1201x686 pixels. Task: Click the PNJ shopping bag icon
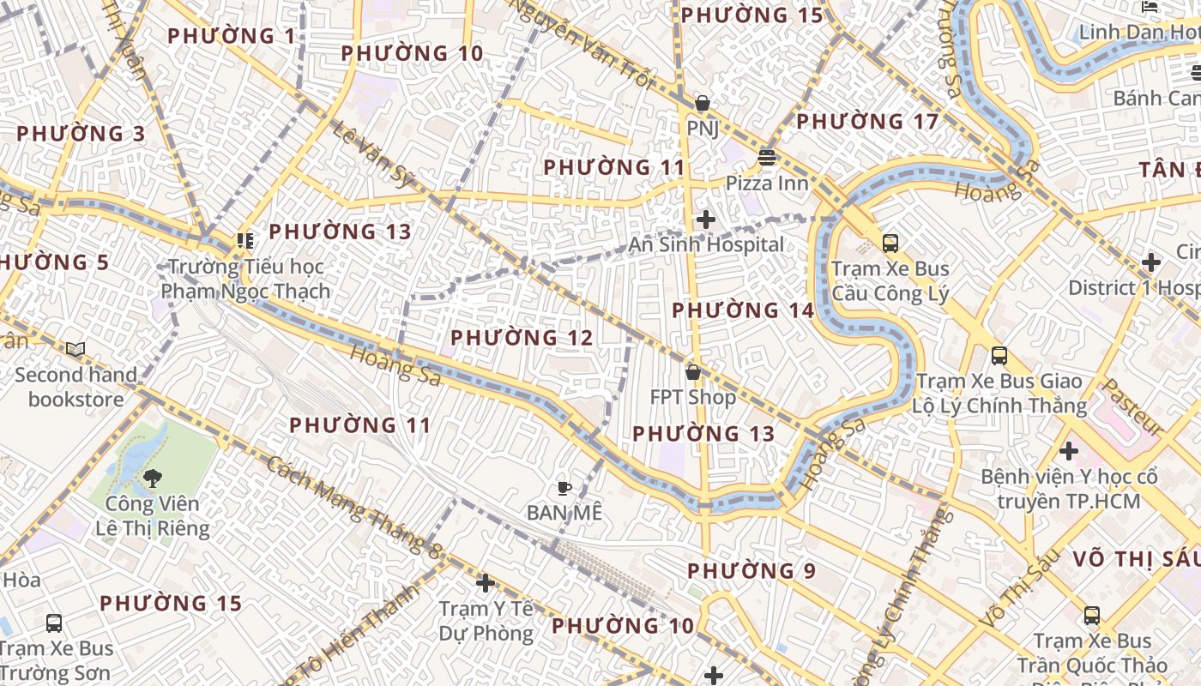coord(703,104)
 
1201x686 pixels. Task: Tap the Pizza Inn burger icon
coord(766,158)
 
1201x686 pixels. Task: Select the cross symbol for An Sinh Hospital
coord(706,220)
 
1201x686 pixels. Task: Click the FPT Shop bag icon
coord(693,372)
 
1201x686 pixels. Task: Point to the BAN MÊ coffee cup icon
coord(564,488)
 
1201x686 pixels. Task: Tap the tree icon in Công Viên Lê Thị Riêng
coord(153,478)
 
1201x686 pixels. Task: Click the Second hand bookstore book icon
coord(75,350)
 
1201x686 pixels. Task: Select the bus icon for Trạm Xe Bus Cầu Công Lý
coord(890,244)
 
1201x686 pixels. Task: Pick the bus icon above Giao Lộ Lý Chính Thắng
coord(999,356)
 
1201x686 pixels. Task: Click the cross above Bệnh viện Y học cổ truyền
coord(1069,450)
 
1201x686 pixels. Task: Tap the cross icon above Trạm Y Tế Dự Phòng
coord(486,583)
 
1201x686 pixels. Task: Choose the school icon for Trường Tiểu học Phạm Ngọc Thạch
coord(246,241)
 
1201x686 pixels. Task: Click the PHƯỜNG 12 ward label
coord(522,338)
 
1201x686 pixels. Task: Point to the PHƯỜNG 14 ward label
coord(742,310)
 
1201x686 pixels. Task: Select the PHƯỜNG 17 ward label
coord(867,122)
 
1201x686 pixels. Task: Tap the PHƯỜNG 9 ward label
coord(751,571)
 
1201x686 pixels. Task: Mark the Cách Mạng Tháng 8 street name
coord(354,504)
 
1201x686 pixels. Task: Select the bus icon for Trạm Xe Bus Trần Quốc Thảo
coord(1092,615)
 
